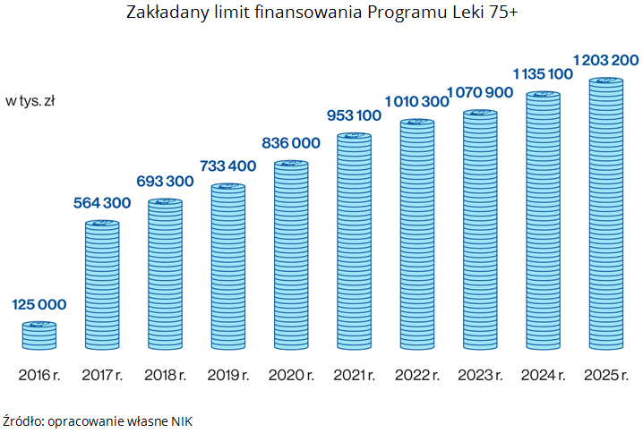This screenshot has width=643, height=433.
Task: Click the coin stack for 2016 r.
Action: pyautogui.click(x=39, y=335)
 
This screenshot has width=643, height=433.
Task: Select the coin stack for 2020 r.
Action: pyautogui.click(x=290, y=255)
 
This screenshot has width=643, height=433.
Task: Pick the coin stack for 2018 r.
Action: pyautogui.click(x=165, y=275)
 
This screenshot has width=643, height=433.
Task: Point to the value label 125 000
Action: pyautogui.click(x=39, y=305)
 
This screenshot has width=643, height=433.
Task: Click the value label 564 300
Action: pyautogui.click(x=101, y=203)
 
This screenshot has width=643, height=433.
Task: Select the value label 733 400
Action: pyautogui.click(x=227, y=166)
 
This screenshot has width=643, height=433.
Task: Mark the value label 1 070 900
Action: pyautogui.click(x=480, y=92)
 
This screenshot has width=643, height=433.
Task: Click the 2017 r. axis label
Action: pyautogui.click(x=101, y=374)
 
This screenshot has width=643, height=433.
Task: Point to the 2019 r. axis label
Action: pyautogui.click(x=227, y=374)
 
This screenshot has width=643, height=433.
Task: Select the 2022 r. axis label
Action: pyautogui.click(x=416, y=374)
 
